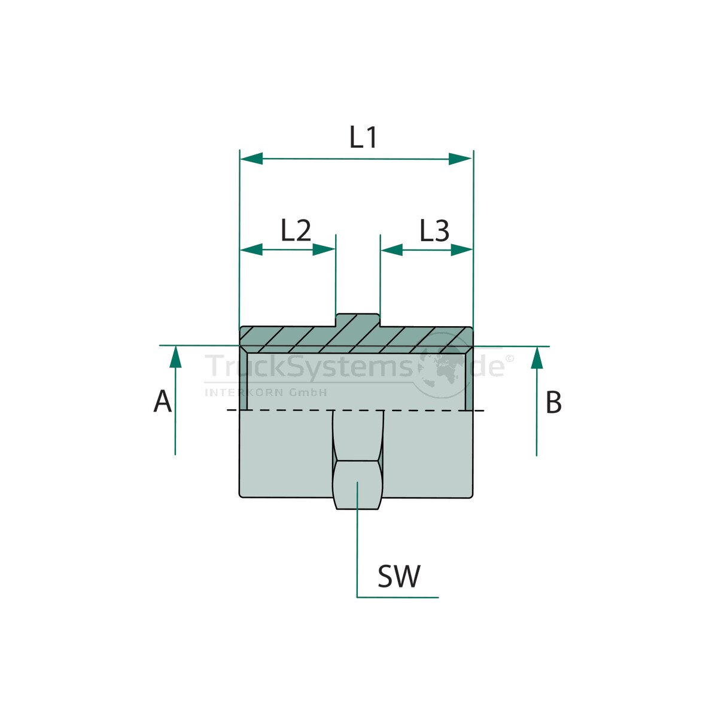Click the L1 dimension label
363,138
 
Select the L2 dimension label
296,230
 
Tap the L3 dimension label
434,230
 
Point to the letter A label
162,401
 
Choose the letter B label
553,403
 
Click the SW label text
399,577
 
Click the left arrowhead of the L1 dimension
251,159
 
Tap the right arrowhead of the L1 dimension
461,159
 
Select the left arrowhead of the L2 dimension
251,250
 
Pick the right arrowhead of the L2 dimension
324,250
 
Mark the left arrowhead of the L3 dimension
392,250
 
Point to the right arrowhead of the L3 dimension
461,250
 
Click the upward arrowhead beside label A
175,357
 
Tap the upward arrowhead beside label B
537,357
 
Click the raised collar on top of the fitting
357,320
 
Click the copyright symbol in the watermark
509,358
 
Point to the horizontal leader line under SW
398,597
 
